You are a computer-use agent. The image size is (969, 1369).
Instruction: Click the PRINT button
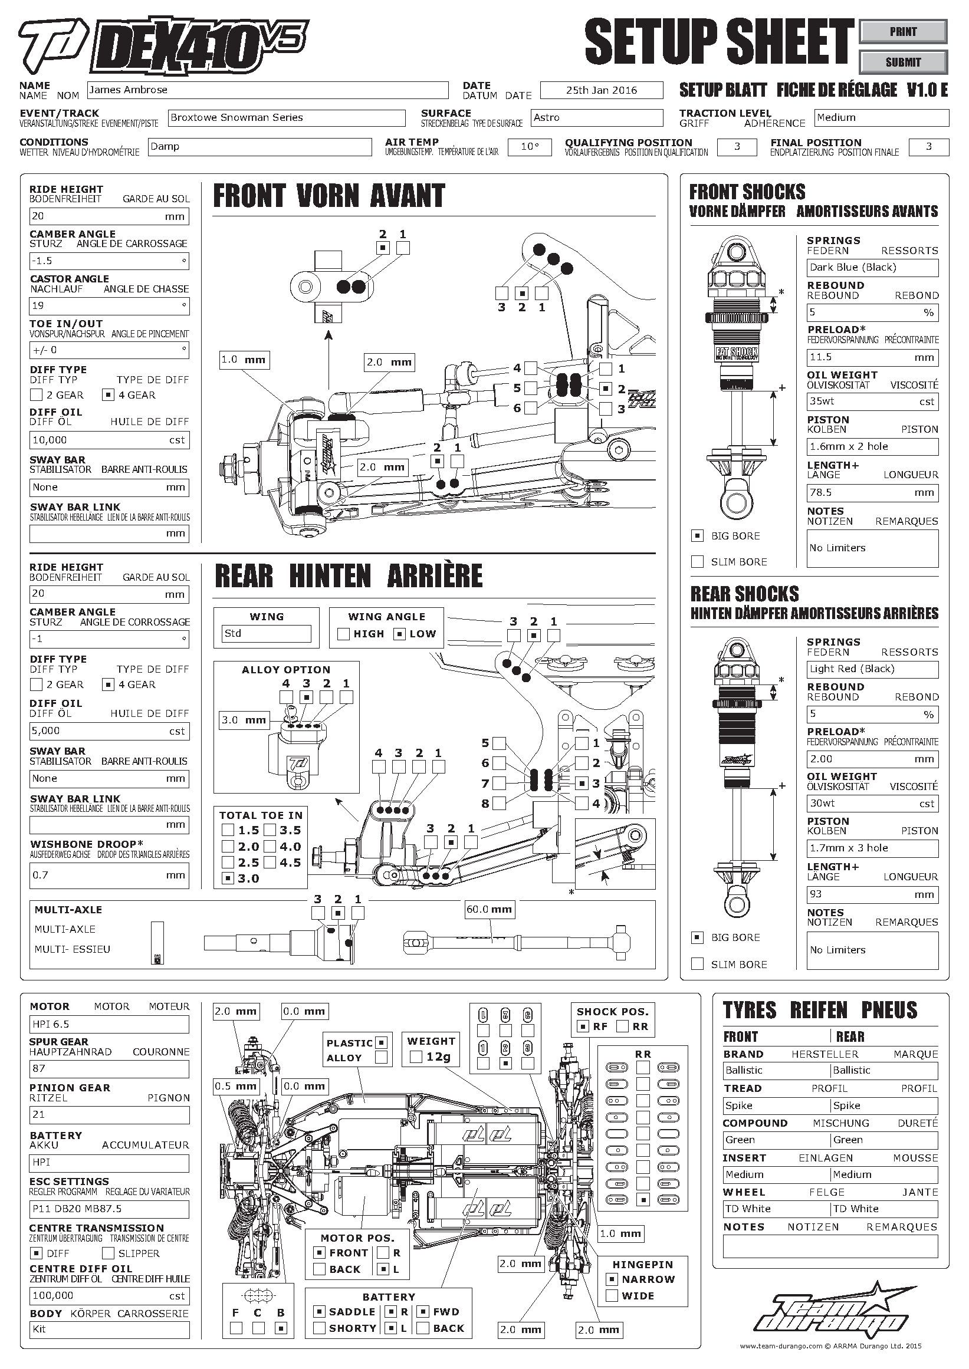pos(903,32)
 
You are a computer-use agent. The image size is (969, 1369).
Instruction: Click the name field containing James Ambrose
pos(267,90)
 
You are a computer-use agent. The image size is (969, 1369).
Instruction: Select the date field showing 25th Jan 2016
pos(602,90)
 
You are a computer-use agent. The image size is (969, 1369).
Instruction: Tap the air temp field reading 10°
pos(530,147)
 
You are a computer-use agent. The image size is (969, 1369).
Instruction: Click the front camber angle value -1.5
pos(109,261)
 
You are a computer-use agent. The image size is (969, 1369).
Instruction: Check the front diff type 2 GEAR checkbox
pos(37,395)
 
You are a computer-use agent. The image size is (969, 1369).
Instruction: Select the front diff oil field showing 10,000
pos(109,440)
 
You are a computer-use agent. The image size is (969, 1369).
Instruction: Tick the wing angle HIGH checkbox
pos(343,634)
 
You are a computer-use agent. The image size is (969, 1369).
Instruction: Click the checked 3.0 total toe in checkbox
pos(227,878)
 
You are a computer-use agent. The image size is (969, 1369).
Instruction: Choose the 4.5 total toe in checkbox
pos(270,862)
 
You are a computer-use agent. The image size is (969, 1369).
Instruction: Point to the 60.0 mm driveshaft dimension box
pos(490,910)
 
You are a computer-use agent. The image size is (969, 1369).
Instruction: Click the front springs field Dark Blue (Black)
pos(872,268)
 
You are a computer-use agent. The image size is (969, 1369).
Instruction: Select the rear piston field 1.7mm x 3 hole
pos(872,848)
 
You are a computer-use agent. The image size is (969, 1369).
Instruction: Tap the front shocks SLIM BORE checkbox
pos(697,561)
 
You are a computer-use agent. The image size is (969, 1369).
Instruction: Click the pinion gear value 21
pos(109,1115)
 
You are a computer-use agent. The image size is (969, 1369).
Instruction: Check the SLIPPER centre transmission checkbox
pos(108,1253)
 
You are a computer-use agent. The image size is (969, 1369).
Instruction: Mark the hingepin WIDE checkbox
pos(612,1296)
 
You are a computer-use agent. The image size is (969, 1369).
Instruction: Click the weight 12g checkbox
pos(416,1057)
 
